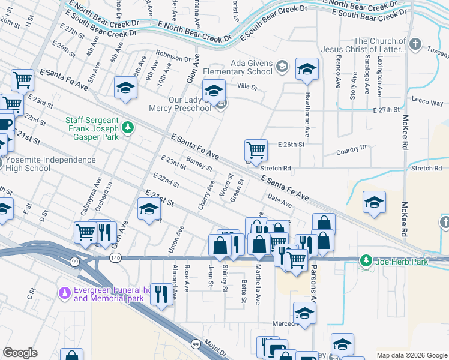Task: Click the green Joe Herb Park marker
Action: point(365,260)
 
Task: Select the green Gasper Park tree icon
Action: point(127,127)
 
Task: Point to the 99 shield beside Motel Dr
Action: point(196,344)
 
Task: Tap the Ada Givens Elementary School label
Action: point(252,67)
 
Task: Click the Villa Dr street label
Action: point(246,87)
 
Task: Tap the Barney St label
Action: point(200,163)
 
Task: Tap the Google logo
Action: point(20,353)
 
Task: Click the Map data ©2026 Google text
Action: point(411,355)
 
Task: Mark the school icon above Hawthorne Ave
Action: point(307,70)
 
